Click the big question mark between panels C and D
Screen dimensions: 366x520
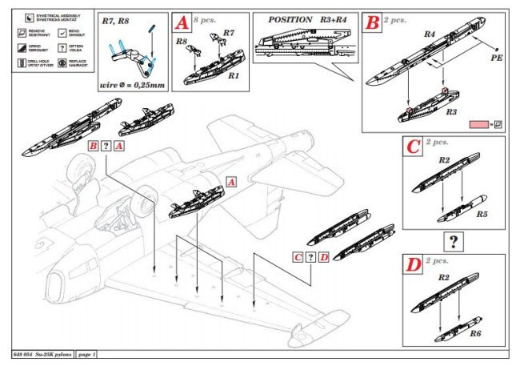[x=454, y=241]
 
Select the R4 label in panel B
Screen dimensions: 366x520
[x=429, y=34]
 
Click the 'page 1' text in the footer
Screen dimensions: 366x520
[x=83, y=354]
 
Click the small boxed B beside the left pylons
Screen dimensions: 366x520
[x=94, y=147]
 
